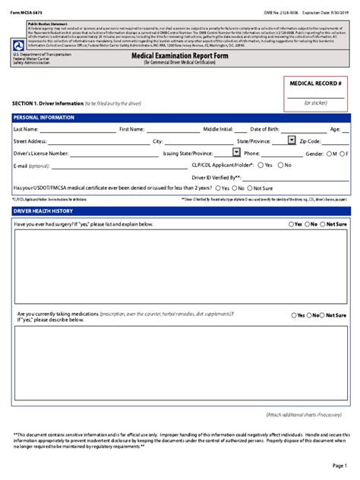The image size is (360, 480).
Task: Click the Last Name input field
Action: tap(72, 130)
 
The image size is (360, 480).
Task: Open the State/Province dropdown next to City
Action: tap(292, 140)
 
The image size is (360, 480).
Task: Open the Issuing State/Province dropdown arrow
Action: tap(236, 153)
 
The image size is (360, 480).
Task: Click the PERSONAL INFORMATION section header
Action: tap(44, 118)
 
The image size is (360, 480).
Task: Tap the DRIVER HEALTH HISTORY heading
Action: tap(43, 210)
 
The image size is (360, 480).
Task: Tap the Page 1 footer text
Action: tap(339, 465)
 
